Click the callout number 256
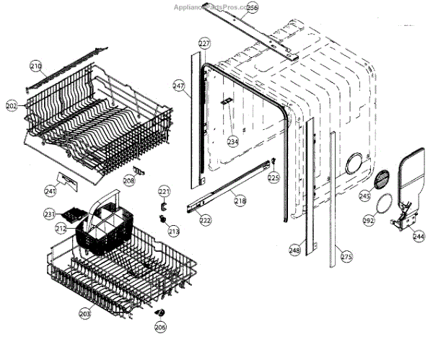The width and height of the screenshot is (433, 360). pyautogui.click(x=251, y=8)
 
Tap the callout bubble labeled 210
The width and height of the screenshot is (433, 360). pyautogui.click(x=36, y=66)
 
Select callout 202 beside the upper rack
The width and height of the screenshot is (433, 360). pyautogui.click(x=12, y=106)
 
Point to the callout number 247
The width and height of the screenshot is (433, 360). pyautogui.click(x=179, y=85)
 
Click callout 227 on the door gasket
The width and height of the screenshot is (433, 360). pyautogui.click(x=204, y=44)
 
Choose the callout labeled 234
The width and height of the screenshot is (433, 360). pyautogui.click(x=232, y=141)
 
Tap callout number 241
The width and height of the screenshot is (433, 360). pyautogui.click(x=50, y=191)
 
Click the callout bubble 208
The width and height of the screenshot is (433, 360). pyautogui.click(x=128, y=181)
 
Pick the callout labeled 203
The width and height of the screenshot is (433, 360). pyautogui.click(x=85, y=313)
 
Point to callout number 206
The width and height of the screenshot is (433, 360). pyautogui.click(x=160, y=327)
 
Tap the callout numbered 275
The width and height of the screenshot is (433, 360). pyautogui.click(x=346, y=256)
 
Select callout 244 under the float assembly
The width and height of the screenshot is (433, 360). pyautogui.click(x=419, y=236)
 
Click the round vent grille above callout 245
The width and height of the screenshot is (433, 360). pyautogui.click(x=383, y=179)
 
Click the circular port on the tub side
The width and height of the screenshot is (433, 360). pyautogui.click(x=354, y=164)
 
